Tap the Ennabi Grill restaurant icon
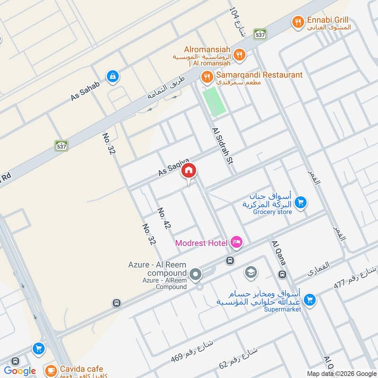click(x=297, y=21)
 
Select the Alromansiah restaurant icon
click(x=240, y=55)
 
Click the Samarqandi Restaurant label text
click(x=259, y=75)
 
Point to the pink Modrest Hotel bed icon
click(x=236, y=243)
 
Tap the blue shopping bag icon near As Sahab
click(x=112, y=76)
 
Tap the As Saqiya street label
click(x=173, y=168)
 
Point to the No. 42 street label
click(x=163, y=219)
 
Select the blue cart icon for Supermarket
click(x=309, y=300)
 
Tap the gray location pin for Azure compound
click(x=195, y=274)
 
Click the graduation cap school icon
click(x=250, y=272)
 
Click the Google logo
click(x=20, y=371)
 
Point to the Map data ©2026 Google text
click(x=339, y=373)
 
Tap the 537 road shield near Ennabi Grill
click(x=259, y=34)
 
